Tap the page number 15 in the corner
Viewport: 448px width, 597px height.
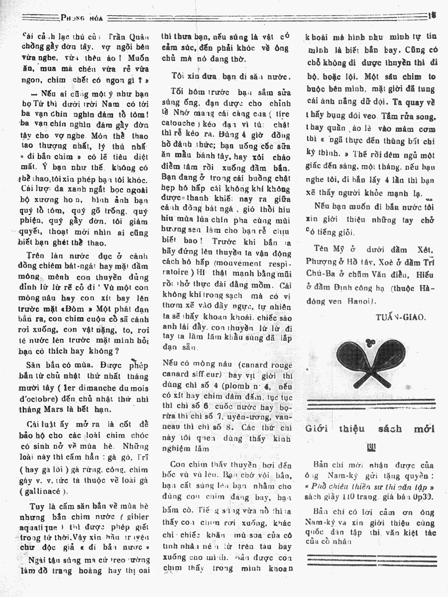[x=432, y=15]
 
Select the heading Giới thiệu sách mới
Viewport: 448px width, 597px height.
[x=370, y=429]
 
